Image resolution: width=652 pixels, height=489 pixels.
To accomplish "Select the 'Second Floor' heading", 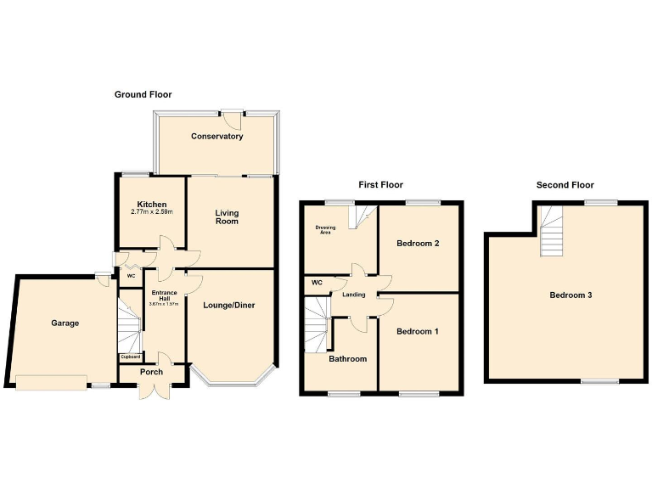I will click(565, 184).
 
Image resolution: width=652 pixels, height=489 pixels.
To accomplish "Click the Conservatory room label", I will click(216, 137).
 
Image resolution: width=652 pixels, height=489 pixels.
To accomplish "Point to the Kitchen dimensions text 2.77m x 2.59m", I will click(152, 212).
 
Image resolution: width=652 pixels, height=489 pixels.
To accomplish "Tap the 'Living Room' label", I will click(227, 217).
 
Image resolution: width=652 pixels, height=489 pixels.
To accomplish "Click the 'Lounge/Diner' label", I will click(228, 306).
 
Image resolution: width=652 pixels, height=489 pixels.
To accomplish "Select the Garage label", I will click(65, 323).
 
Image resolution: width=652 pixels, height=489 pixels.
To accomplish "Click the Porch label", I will click(151, 372).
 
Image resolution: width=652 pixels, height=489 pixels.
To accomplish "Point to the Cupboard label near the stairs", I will click(130, 357).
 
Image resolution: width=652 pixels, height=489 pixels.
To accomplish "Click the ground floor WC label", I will click(131, 276).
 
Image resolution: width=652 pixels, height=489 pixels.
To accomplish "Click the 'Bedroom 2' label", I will click(418, 244).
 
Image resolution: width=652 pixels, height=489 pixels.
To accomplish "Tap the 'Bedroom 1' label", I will click(417, 331).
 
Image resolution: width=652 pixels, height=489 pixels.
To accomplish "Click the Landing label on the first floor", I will click(355, 295).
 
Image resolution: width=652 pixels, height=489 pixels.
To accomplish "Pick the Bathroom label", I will click(348, 359).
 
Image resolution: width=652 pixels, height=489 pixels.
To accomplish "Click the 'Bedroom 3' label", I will click(570, 295).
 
